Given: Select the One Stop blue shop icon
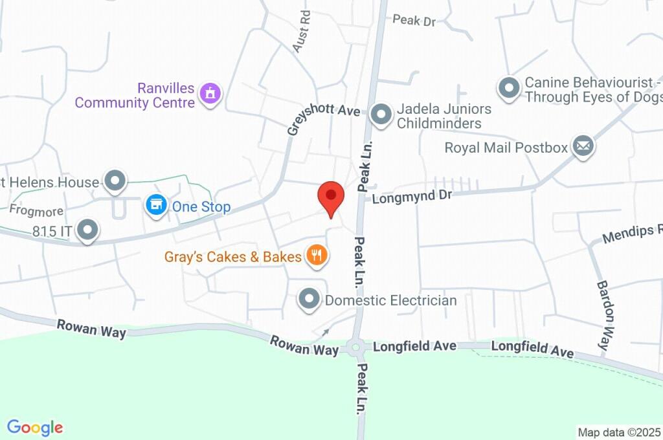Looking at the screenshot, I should (x=155, y=206).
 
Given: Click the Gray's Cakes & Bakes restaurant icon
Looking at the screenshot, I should (x=317, y=256).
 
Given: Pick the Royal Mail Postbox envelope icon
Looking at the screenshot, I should (x=583, y=146).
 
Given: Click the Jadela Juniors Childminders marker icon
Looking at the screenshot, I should (x=381, y=116).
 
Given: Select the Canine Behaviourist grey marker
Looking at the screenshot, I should (x=509, y=88).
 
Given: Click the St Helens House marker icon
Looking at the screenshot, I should (x=116, y=181).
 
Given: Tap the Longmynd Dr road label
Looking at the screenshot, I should (x=411, y=195).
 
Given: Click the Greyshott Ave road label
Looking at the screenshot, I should (x=324, y=111).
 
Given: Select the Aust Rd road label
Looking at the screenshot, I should (x=301, y=31).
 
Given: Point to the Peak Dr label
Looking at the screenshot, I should (x=414, y=21).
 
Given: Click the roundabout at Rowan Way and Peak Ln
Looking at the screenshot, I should (x=355, y=348).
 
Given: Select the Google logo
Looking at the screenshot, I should (x=35, y=427).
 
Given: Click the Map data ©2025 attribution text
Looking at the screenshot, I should (x=620, y=432).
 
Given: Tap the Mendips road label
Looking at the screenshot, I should (x=631, y=233).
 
